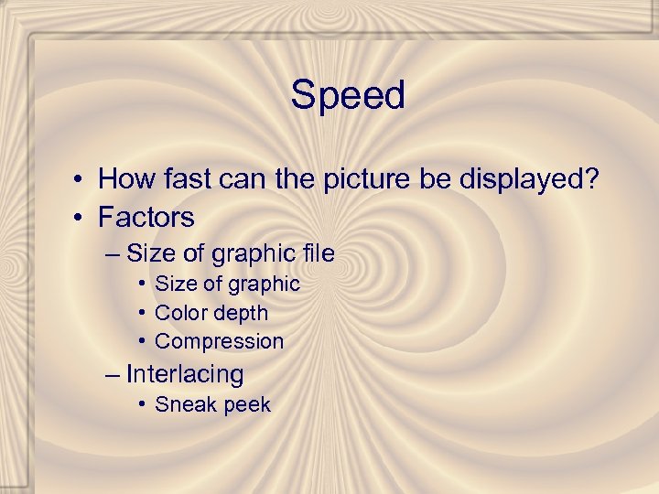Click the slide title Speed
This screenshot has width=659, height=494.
[x=348, y=95]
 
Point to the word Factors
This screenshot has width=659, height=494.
[x=146, y=218]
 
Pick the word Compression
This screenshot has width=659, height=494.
[x=220, y=342]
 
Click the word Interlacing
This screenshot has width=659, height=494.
[x=185, y=374]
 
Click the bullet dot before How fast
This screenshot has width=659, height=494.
[x=81, y=178]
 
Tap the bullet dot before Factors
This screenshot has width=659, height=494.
[x=81, y=218]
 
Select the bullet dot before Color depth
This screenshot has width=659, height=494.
[x=142, y=313]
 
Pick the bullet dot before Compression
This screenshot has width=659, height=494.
[x=142, y=341]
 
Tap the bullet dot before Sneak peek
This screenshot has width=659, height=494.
[x=142, y=404]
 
